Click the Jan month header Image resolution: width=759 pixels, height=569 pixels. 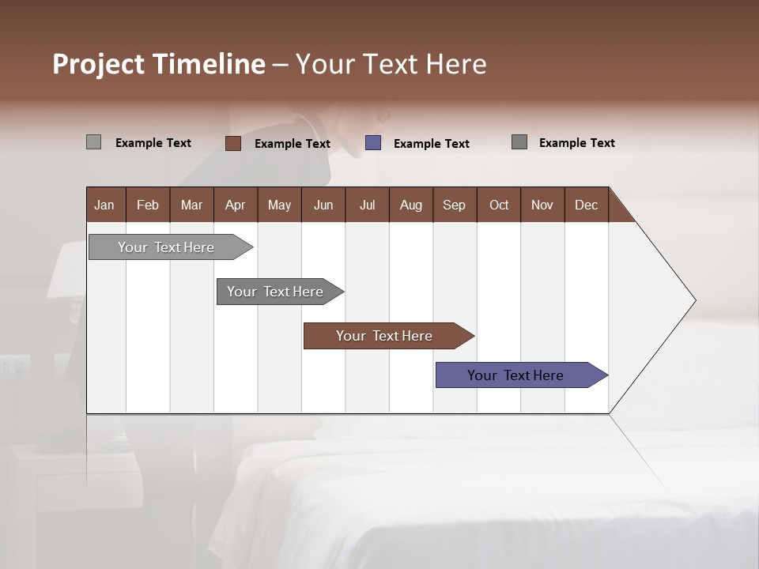104,205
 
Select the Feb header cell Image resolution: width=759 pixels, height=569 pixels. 148,205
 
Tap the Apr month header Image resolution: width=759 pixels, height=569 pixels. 235,205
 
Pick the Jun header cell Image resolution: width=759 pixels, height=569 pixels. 323,205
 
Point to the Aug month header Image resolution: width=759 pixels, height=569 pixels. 410,205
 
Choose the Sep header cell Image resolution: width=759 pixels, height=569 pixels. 454,205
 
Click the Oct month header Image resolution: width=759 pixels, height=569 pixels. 499,205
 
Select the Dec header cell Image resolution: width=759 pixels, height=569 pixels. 586,205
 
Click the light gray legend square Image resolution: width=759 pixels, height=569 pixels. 93,142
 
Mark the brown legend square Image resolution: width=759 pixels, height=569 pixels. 232,143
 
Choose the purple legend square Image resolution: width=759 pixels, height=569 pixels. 373,143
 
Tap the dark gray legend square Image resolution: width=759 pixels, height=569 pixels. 519,142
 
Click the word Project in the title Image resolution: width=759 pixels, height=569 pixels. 99,64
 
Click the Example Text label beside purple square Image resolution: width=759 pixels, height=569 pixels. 431,144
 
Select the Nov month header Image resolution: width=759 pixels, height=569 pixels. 542,205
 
